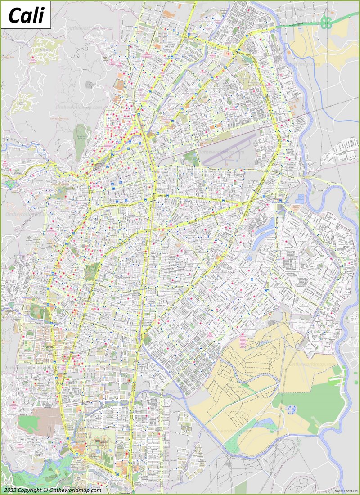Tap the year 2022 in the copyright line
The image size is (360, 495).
12,490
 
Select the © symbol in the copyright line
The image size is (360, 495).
46,490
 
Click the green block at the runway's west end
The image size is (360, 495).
191,158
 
